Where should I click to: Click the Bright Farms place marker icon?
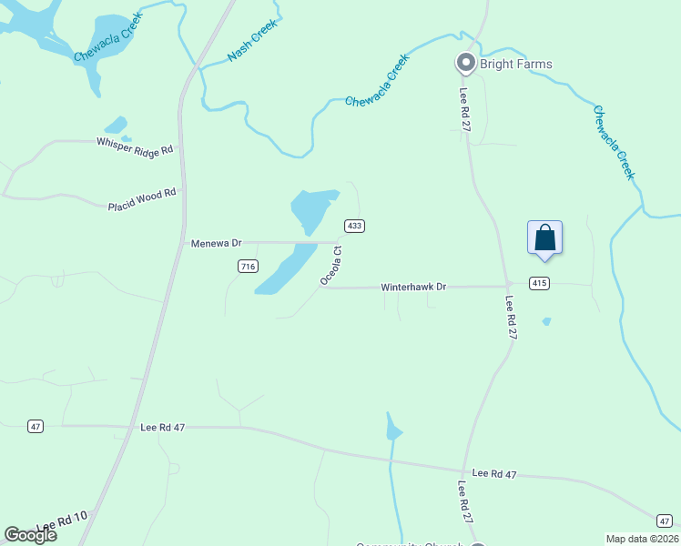click(x=465, y=63)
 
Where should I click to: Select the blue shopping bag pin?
click(x=544, y=238)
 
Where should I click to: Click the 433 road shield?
click(x=354, y=226)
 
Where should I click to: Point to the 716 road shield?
click(x=248, y=266)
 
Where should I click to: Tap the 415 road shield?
click(x=540, y=283)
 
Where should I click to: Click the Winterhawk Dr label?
click(x=415, y=287)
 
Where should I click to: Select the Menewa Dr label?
click(x=216, y=243)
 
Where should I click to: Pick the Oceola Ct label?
click(x=330, y=266)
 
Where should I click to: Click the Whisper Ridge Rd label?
click(x=135, y=146)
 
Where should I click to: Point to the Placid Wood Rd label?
click(x=141, y=199)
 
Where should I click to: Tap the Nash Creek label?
click(x=251, y=42)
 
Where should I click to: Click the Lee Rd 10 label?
click(x=62, y=523)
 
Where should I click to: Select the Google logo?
click(x=31, y=534)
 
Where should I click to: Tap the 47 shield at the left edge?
click(x=36, y=426)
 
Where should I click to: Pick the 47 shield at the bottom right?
click(x=666, y=519)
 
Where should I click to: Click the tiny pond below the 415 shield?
click(x=546, y=321)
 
